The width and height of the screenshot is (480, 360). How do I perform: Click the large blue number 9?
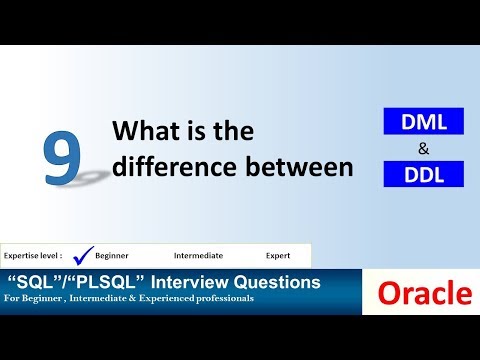click(x=63, y=157)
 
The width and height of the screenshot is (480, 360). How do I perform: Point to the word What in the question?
click(x=147, y=131)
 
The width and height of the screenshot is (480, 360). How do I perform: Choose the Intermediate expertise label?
click(x=198, y=256)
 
